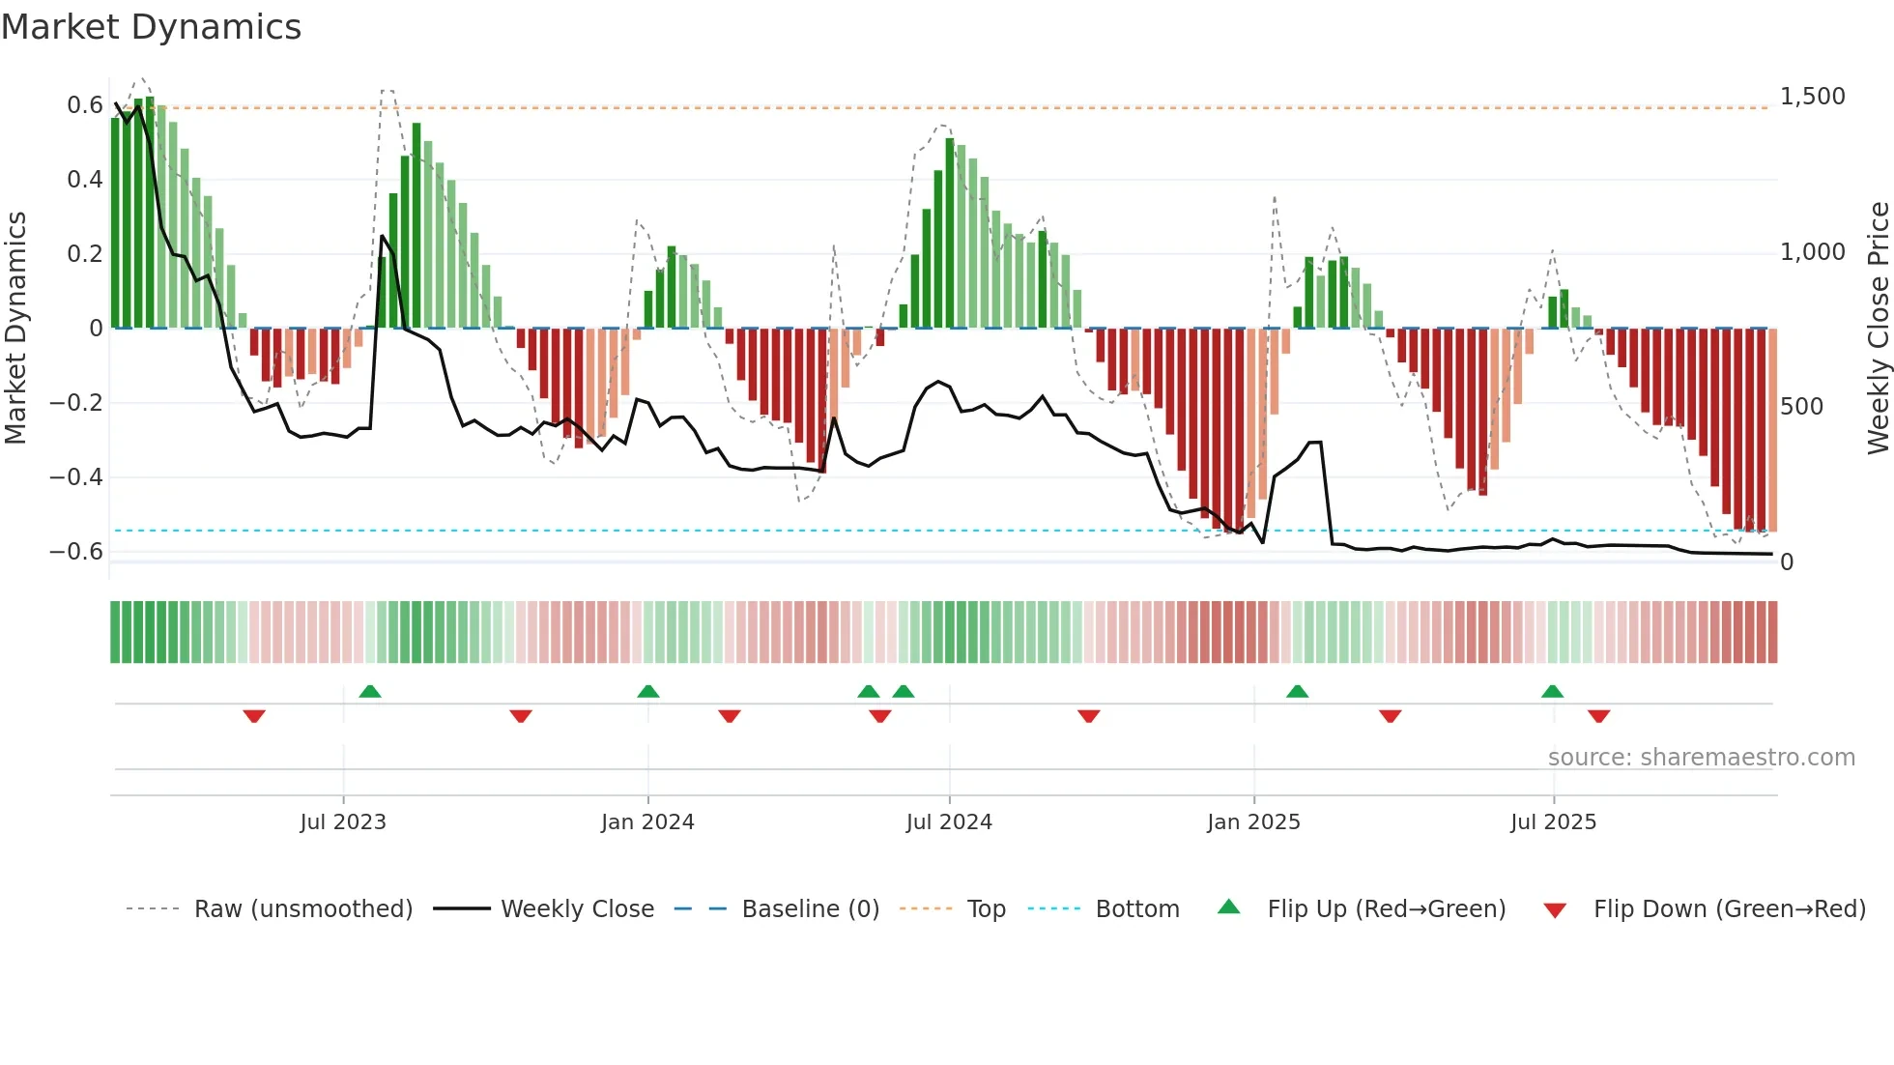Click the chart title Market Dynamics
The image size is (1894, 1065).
tap(151, 27)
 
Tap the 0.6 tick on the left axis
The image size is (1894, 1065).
tap(85, 104)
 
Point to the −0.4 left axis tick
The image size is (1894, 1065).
tap(76, 476)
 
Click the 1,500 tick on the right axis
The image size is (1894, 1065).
tap(1812, 97)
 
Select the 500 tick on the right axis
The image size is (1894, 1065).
tap(1801, 407)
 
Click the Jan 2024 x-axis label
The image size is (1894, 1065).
tap(647, 822)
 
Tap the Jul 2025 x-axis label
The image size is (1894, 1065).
tap(1553, 822)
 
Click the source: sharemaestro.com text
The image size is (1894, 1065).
tap(1701, 758)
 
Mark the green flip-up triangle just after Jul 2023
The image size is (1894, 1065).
tap(370, 691)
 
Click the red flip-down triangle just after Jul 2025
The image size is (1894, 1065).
tap(1598, 716)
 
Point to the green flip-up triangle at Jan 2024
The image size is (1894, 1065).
tap(648, 691)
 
